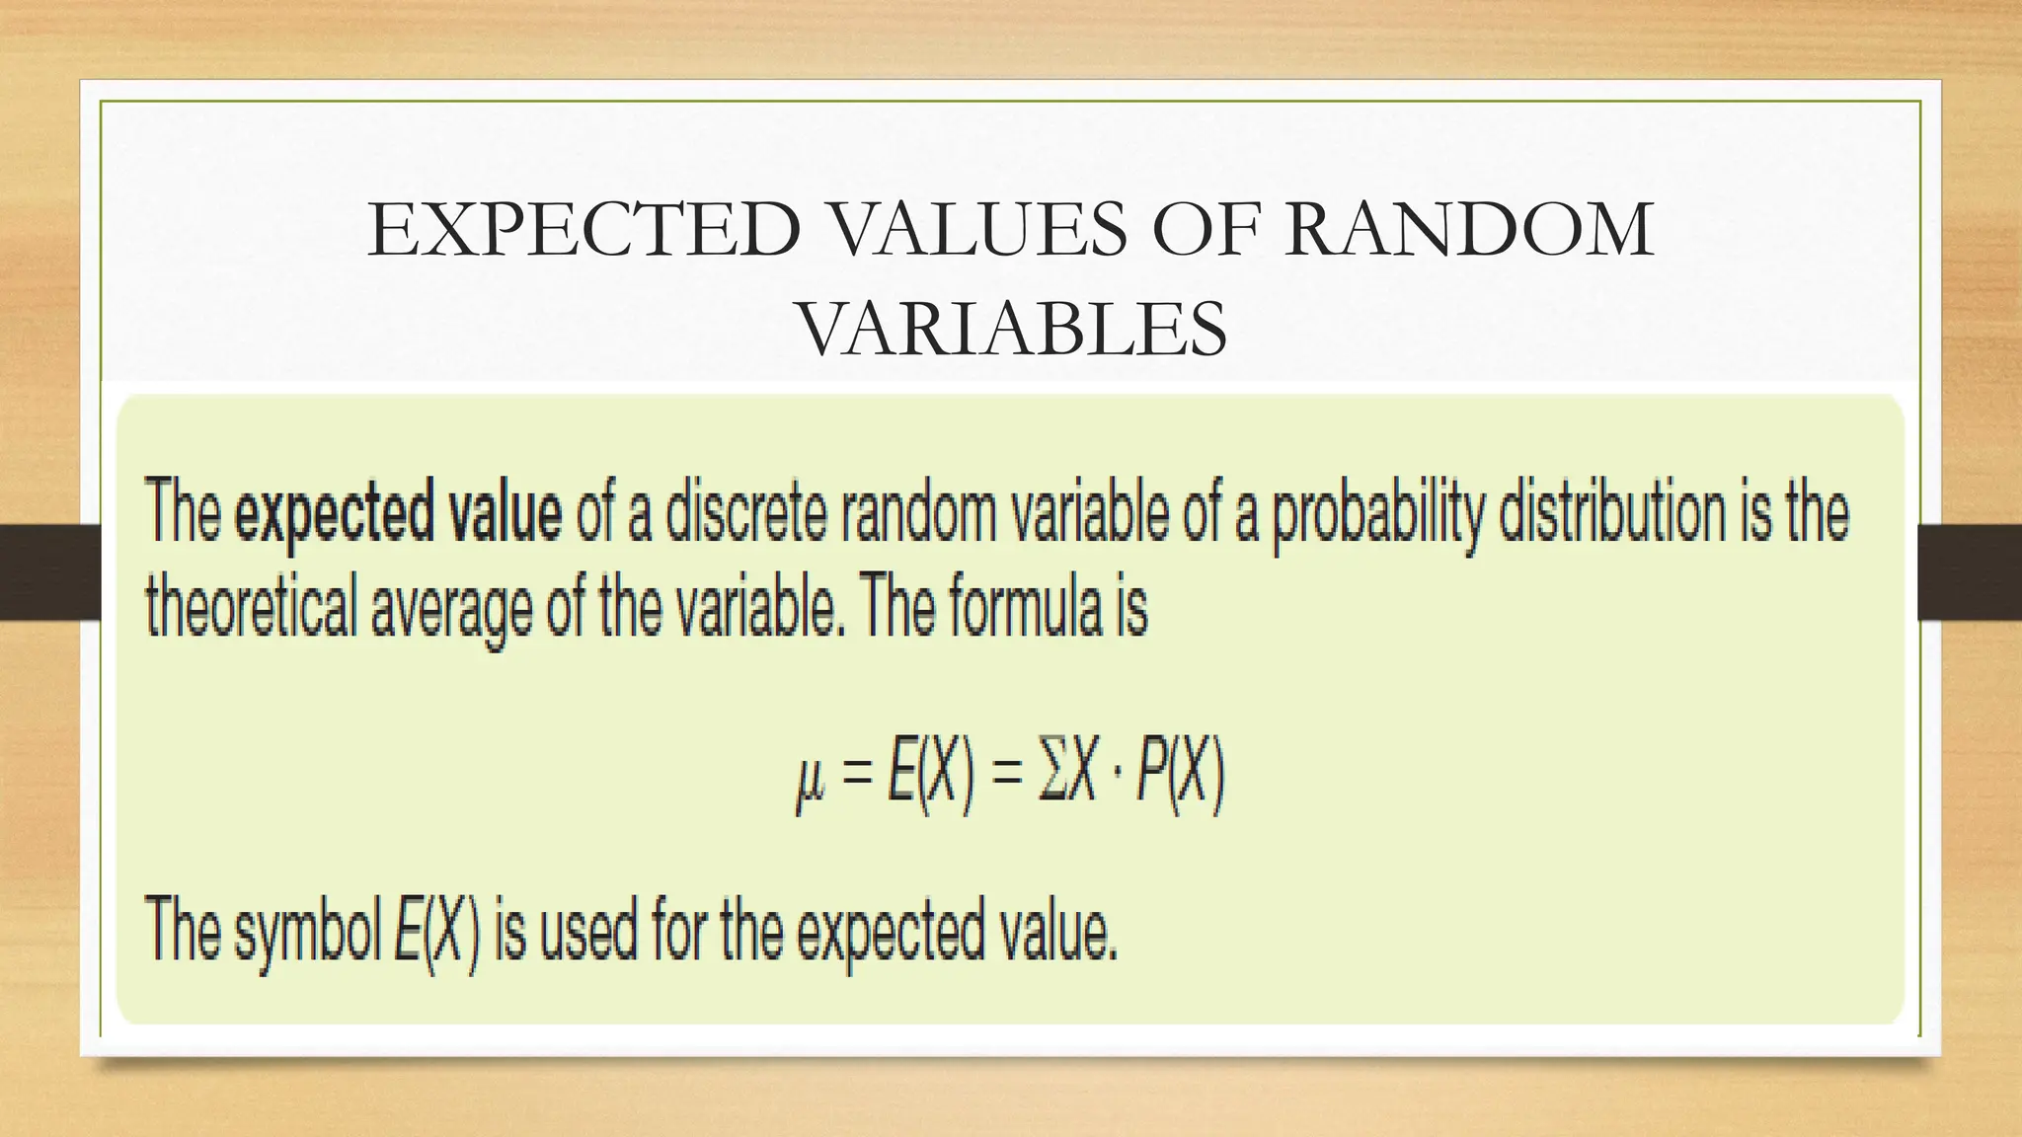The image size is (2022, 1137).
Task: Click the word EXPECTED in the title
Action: pos(583,231)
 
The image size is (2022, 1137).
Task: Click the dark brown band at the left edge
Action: pos(49,572)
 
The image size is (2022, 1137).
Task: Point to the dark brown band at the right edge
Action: pos(1969,572)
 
